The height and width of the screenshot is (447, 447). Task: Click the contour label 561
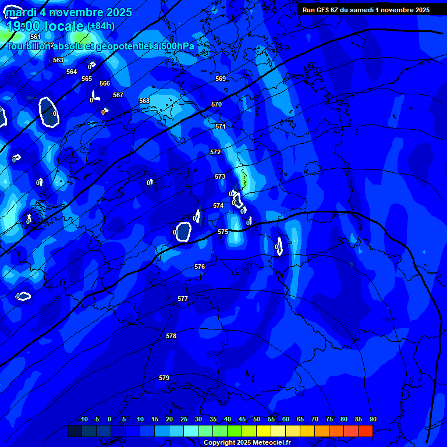(36, 37)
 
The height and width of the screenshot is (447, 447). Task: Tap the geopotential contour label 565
(87, 79)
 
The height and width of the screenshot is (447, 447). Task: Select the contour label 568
(144, 101)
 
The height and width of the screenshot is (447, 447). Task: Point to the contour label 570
(217, 104)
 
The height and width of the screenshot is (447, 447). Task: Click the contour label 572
(215, 152)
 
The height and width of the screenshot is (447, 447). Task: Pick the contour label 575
(223, 232)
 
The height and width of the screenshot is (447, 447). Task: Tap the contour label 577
(183, 299)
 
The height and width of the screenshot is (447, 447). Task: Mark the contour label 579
(164, 378)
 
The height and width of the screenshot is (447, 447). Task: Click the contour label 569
(221, 79)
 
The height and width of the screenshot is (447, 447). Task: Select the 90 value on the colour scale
(372, 419)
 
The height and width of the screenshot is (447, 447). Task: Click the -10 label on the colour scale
(83, 419)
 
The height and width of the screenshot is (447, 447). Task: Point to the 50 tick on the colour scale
(271, 419)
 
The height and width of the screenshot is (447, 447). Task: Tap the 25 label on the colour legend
(184, 419)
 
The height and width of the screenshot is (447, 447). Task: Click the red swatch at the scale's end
(366, 431)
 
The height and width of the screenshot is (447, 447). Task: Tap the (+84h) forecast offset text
(101, 26)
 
